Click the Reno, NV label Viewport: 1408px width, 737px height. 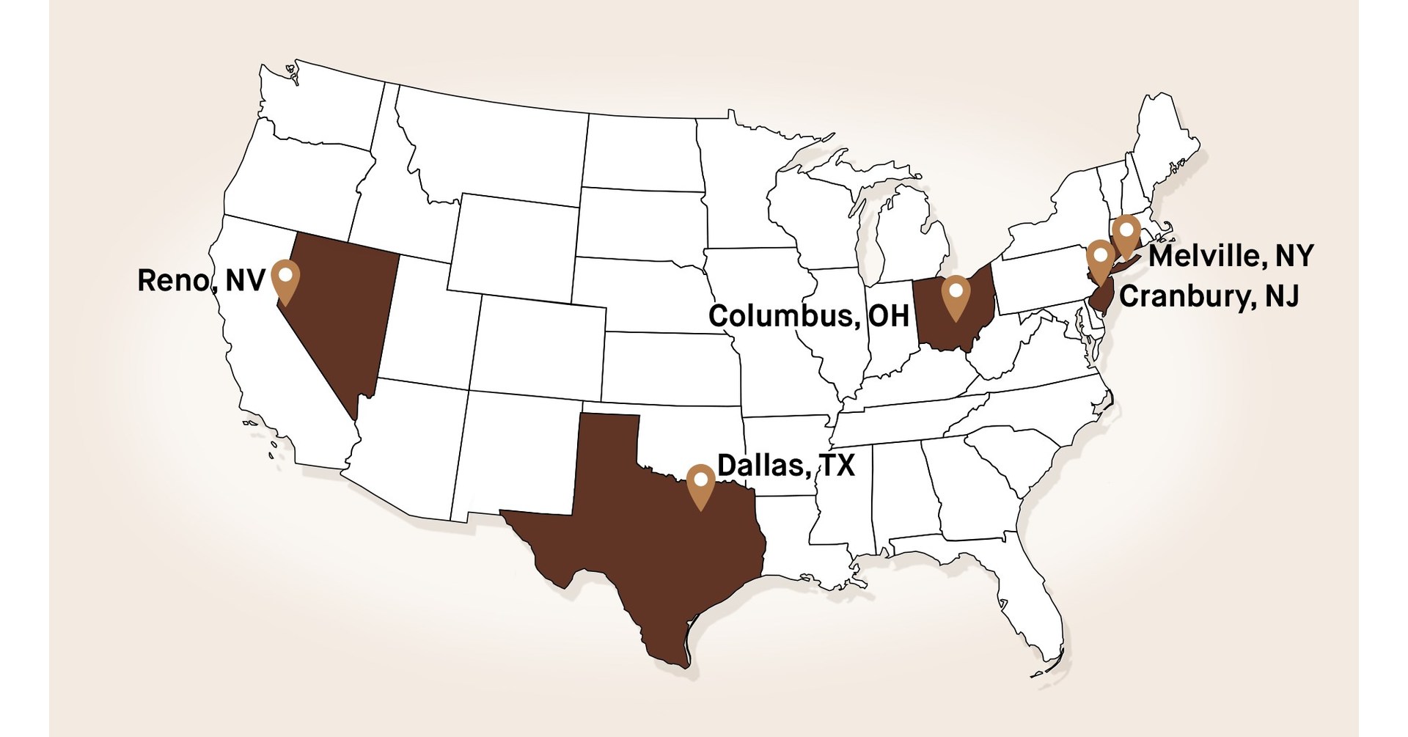[200, 280]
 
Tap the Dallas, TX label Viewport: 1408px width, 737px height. [785, 466]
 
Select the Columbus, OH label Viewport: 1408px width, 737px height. [808, 316]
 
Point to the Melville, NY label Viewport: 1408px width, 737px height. [1231, 256]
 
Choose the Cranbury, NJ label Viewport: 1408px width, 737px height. [1209, 296]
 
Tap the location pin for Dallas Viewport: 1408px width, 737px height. [702, 484]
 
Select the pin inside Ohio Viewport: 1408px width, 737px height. [956, 296]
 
